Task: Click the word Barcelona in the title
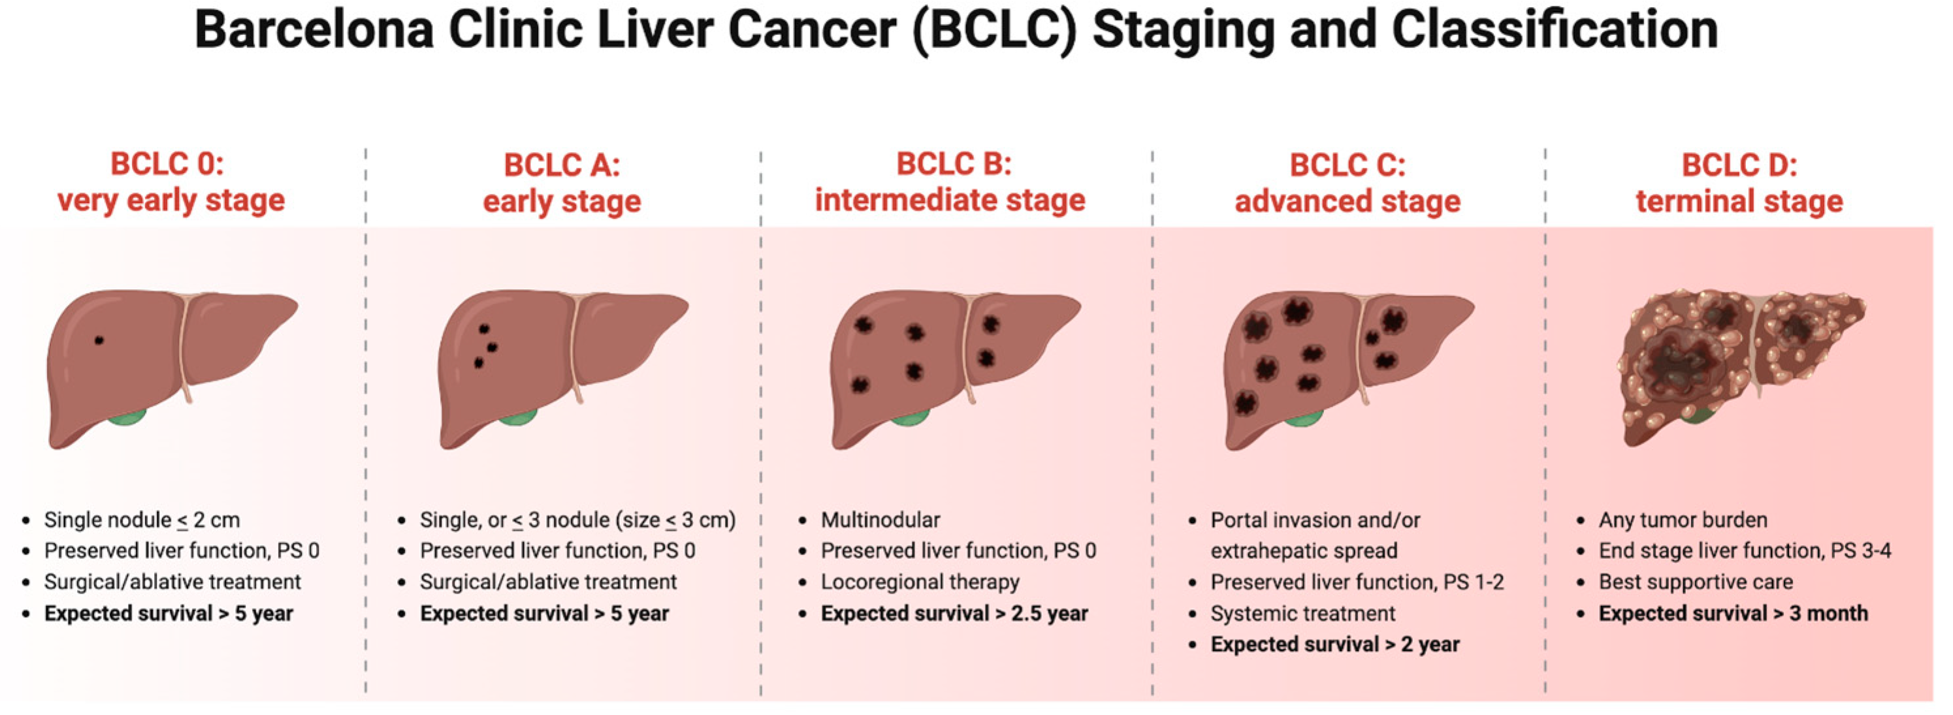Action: pyautogui.click(x=315, y=30)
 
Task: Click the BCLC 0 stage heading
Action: pyautogui.click(x=170, y=182)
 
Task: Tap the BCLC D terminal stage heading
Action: pyautogui.click(x=1739, y=183)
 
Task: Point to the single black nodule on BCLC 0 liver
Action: pyautogui.click(x=99, y=340)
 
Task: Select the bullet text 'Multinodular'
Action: pyautogui.click(x=880, y=520)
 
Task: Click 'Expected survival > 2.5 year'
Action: pyautogui.click(x=954, y=613)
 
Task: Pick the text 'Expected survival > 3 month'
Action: pyautogui.click(x=1733, y=613)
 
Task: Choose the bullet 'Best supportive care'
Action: pyautogui.click(x=1696, y=582)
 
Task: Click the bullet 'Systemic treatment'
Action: pyautogui.click(x=1302, y=613)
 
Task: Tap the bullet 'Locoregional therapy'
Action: pyautogui.click(x=920, y=582)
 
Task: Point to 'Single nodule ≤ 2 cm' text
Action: pyautogui.click(x=142, y=520)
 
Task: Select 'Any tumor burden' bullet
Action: pyautogui.click(x=1683, y=520)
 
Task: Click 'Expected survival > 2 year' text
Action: pyautogui.click(x=1335, y=644)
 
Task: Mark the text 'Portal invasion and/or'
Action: pyautogui.click(x=1315, y=520)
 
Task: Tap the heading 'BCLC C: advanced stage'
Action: pyautogui.click(x=1348, y=183)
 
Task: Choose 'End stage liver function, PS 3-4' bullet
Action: pyautogui.click(x=1745, y=551)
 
